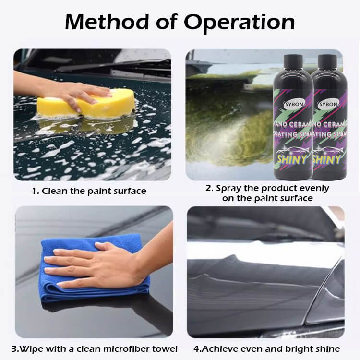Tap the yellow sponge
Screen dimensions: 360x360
[x=86, y=103]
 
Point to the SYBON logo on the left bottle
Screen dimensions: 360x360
[x=294, y=105]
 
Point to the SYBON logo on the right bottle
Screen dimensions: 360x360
[x=328, y=105]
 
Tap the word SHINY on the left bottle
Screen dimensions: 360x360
[x=292, y=159]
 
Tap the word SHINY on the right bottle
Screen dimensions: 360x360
[x=326, y=159]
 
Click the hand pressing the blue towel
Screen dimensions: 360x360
[x=108, y=262]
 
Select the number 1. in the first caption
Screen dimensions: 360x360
[x=36, y=191]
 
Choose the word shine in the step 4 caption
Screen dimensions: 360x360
[x=328, y=349]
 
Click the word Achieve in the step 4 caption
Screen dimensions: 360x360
[x=219, y=349]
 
